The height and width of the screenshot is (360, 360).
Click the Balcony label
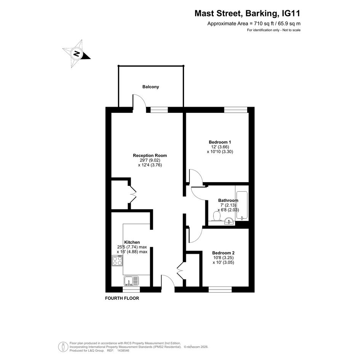(150, 87)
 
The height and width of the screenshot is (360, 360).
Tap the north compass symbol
(77, 54)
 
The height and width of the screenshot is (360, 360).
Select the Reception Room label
(150, 155)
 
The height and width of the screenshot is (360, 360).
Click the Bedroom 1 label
(220, 142)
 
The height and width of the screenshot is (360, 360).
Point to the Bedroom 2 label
(223, 253)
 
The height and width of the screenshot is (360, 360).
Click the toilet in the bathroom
(217, 216)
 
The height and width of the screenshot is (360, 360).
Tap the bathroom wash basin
(229, 221)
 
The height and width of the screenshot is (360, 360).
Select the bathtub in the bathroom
(242, 205)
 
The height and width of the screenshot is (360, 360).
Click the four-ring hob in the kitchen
(117, 261)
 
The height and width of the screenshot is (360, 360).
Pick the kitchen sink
(131, 281)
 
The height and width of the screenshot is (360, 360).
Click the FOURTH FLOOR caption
(122, 298)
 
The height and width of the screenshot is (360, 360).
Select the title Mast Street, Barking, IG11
(247, 13)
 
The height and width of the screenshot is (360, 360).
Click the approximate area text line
(254, 23)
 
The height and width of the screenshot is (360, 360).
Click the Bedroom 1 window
(236, 110)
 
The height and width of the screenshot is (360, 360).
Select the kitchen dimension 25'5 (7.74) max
(132, 247)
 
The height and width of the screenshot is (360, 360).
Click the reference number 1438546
(123, 350)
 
